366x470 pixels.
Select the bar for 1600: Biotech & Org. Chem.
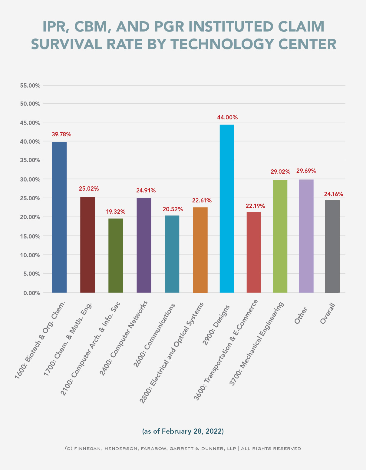59,217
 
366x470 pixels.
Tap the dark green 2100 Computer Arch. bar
116,255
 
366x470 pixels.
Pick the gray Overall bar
332,246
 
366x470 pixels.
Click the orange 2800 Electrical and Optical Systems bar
200,250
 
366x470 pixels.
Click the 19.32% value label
116,212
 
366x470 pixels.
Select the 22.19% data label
255,206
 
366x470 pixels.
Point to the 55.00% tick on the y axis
30,86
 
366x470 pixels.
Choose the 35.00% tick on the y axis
30,160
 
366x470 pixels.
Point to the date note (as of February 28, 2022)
183,431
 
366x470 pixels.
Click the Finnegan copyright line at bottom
183,448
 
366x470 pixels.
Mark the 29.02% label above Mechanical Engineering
280,172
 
